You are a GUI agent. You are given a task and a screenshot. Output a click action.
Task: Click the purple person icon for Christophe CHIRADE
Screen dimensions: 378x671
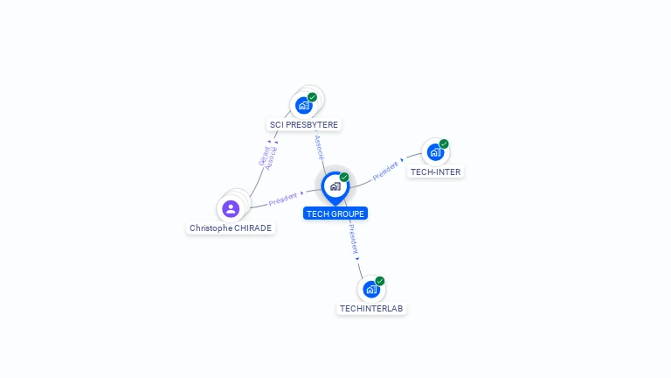point(231,208)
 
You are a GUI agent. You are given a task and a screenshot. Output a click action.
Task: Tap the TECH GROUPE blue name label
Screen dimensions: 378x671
point(335,213)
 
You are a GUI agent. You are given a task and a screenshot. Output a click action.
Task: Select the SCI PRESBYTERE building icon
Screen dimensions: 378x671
point(303,105)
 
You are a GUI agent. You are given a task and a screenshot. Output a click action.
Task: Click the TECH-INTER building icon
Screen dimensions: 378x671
point(434,152)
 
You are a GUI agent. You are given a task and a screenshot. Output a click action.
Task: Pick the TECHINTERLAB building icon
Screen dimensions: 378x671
point(371,289)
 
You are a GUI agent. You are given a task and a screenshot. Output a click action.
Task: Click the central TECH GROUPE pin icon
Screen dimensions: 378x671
point(335,186)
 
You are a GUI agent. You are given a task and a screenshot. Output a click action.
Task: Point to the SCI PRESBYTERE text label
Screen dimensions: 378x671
point(304,125)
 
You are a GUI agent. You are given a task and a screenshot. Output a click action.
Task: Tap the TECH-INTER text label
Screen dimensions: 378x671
point(436,172)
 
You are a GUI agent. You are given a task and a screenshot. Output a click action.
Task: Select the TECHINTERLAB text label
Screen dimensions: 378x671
point(372,309)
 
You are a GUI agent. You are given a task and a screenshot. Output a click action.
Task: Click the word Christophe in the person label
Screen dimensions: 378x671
point(211,228)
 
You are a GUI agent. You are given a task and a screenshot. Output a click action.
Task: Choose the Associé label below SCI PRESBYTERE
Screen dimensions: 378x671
point(319,146)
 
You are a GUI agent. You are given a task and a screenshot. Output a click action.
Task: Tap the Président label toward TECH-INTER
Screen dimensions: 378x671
point(385,170)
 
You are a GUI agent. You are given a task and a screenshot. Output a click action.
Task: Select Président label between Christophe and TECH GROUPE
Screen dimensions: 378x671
point(283,199)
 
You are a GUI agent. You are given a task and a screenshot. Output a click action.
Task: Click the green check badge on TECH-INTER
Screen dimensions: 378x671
point(444,143)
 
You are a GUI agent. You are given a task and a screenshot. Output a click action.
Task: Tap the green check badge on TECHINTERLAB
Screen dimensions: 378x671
point(380,281)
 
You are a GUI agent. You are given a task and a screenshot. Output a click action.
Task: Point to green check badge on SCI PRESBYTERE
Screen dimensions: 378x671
point(312,97)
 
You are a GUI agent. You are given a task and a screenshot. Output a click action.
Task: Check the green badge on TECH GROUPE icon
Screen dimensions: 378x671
point(344,178)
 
